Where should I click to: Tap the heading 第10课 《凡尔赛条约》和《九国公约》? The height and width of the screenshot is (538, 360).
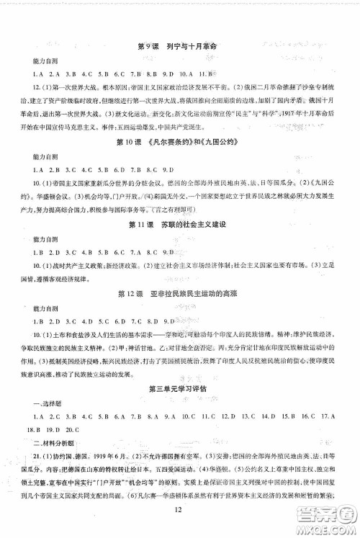pyautogui.click(x=176, y=142)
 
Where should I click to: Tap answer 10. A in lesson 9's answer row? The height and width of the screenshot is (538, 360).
pyautogui.click(x=184, y=74)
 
